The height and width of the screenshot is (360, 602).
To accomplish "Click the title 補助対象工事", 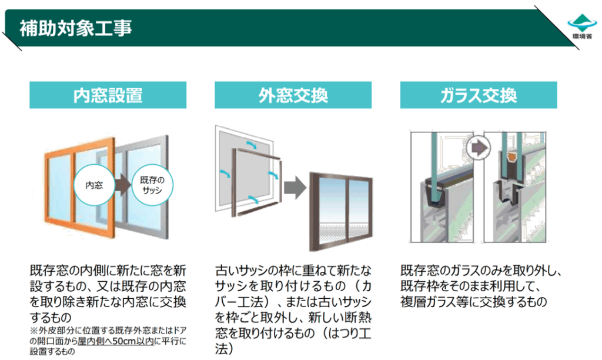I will [76, 28].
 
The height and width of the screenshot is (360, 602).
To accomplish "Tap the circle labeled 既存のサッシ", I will [152, 185].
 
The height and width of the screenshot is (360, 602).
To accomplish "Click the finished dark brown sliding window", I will [341, 212].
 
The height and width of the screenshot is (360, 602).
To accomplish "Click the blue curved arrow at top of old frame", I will [251, 143].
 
